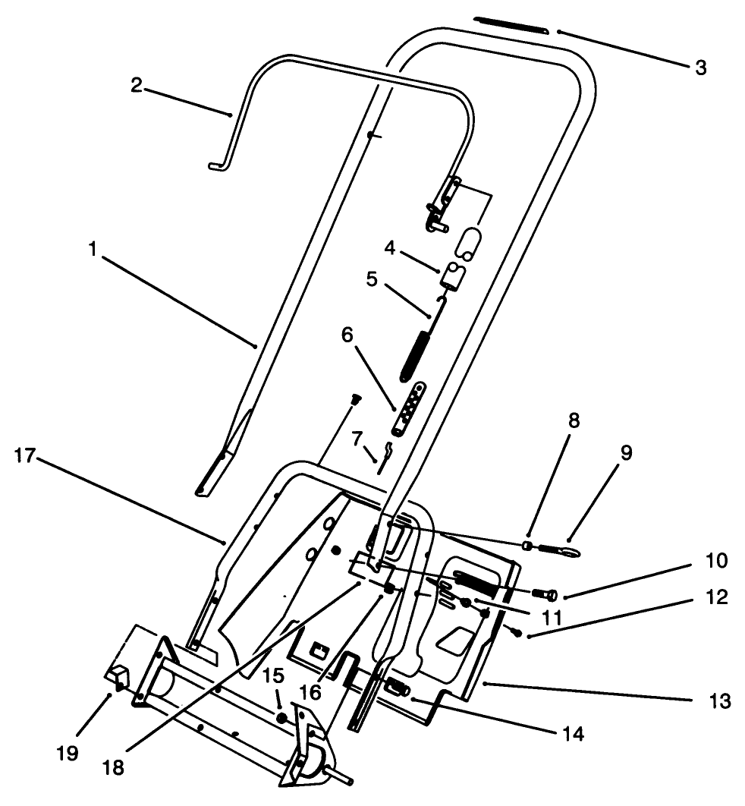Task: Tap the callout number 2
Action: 136,84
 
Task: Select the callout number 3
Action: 700,67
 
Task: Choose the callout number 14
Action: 574,735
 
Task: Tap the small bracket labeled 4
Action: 454,274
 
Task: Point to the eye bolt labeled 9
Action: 562,546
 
